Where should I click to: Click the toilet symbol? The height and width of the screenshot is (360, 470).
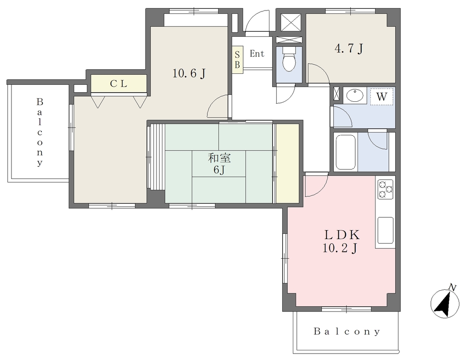tap(289, 59)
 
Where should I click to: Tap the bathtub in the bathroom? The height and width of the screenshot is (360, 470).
tap(346, 152)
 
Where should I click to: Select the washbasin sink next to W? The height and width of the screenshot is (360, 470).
tap(355, 96)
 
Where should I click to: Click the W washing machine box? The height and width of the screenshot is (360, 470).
tap(381, 96)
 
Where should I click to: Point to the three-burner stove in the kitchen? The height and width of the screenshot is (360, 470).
tap(386, 189)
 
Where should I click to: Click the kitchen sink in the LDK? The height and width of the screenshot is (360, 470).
tap(386, 230)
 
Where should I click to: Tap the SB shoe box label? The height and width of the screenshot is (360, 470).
tap(237, 60)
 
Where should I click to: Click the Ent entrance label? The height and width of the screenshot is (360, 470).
tap(257, 54)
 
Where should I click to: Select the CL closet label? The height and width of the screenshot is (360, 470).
tap(118, 84)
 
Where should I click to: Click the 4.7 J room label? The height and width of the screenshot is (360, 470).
tap(349, 48)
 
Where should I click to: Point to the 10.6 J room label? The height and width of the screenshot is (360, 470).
tap(189, 73)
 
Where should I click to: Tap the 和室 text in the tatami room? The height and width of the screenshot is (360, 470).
tap(219, 158)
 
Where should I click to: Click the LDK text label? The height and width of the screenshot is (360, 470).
tap(341, 235)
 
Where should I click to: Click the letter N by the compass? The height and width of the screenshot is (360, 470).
tap(453, 288)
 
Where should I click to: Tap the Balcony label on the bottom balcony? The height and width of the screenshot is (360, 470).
tap(347, 332)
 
